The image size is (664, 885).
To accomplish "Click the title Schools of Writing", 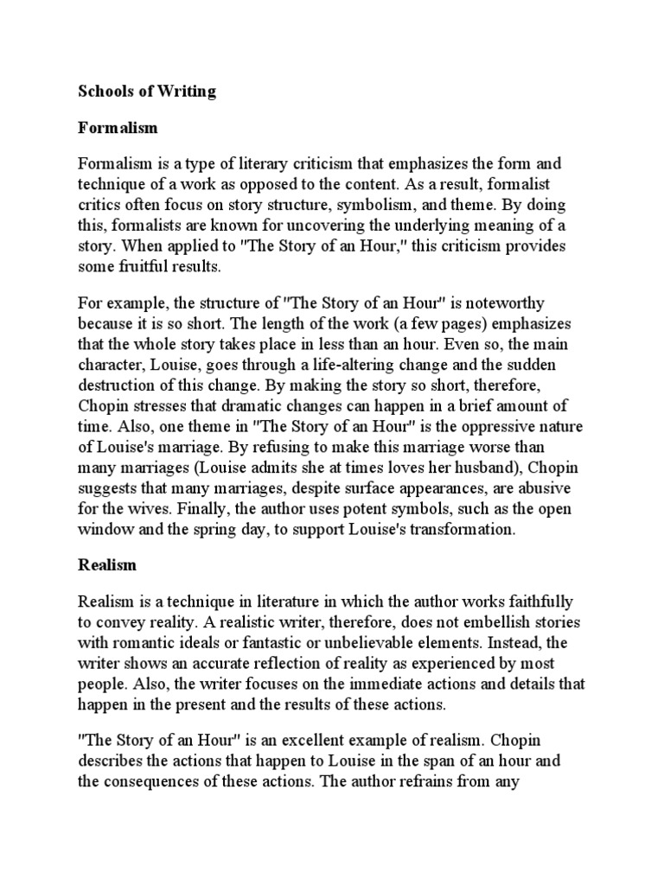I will [147, 91].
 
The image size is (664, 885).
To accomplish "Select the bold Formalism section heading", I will [118, 127].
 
